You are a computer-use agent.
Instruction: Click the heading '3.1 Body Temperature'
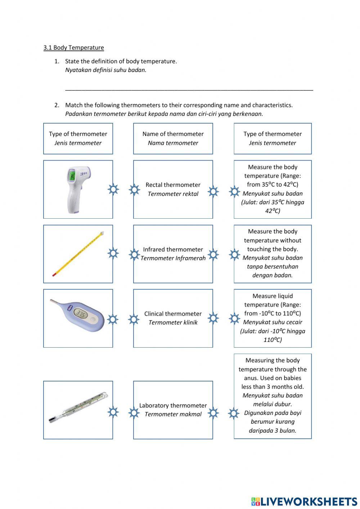[73, 48]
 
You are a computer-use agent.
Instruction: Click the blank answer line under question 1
[189, 89]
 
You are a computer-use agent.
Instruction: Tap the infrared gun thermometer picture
[77, 189]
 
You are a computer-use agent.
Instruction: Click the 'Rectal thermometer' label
[173, 185]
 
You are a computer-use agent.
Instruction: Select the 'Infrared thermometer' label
[173, 249]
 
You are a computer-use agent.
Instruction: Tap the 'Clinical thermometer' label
[173, 314]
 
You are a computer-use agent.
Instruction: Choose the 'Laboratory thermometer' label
[173, 405]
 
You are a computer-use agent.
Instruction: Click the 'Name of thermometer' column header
[173, 134]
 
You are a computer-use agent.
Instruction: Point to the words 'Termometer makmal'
[173, 414]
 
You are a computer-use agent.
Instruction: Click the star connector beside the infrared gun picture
[113, 189]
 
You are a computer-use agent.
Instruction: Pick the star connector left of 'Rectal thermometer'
[134, 189]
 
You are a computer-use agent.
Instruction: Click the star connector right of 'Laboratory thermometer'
[213, 412]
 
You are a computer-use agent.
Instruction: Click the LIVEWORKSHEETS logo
[304, 501]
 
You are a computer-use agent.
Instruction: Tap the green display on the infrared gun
[72, 176]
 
